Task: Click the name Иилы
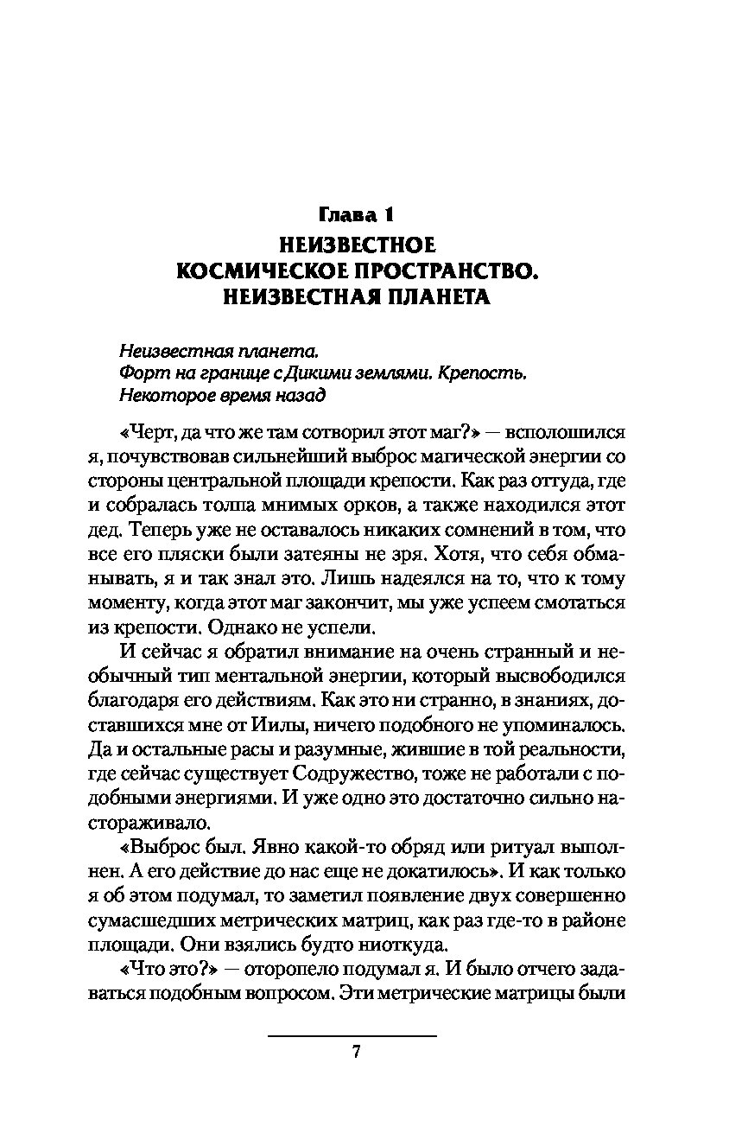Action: (314, 716)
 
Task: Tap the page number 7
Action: (353, 1052)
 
